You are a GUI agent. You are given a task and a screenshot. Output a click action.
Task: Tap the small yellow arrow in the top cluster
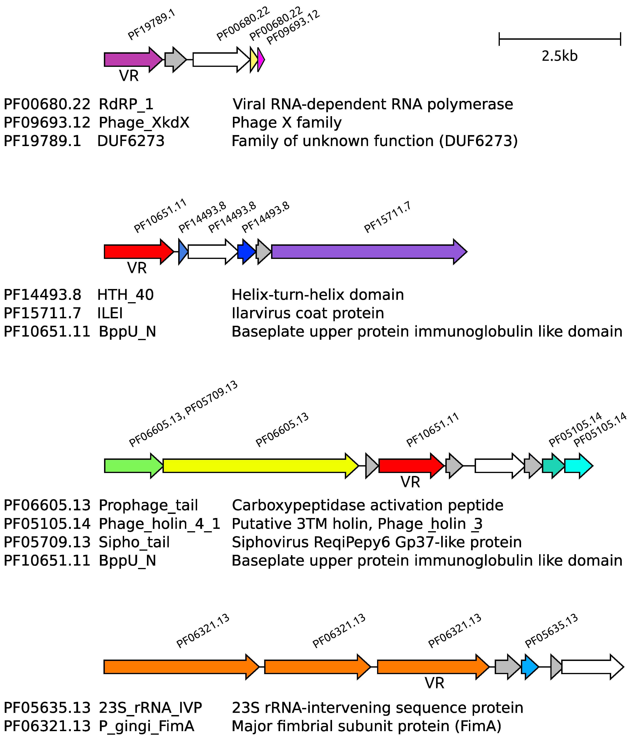coord(253,59)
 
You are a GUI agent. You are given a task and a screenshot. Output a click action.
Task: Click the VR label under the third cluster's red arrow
coord(410,482)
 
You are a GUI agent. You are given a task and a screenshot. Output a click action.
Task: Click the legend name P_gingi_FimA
coord(146,726)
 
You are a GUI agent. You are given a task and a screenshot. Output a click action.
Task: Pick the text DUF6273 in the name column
coord(131,141)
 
